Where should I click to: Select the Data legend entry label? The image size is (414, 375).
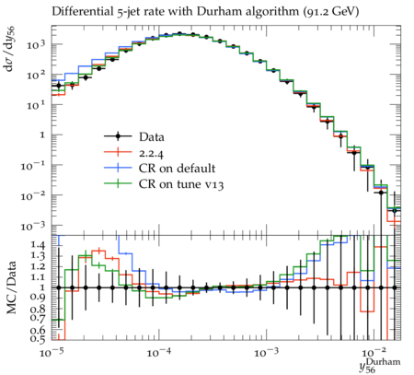pyautogui.click(x=152, y=136)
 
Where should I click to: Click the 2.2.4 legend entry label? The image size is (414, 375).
pyautogui.click(x=151, y=153)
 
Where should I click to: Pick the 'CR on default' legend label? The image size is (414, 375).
pyautogui.click(x=177, y=169)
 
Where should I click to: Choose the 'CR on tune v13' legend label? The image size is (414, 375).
pyautogui.click(x=181, y=184)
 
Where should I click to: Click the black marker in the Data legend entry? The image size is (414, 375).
pyautogui.click(x=118, y=136)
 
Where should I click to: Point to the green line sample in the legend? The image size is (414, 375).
pyautogui.click(x=118, y=184)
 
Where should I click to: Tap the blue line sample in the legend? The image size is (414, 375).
pyautogui.click(x=118, y=168)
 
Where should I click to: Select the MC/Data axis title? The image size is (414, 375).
pyautogui.click(x=11, y=287)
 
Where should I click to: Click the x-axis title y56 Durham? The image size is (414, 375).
pyautogui.click(x=380, y=366)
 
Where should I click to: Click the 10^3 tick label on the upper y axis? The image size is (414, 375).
pyautogui.click(x=36, y=45)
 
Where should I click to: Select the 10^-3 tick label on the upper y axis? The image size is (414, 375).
pyautogui.click(x=33, y=227)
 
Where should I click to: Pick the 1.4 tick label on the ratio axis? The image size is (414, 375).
pyautogui.click(x=39, y=245)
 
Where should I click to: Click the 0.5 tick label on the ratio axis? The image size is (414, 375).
pyautogui.click(x=39, y=339)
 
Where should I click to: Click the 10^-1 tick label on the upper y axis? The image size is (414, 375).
pyautogui.click(x=33, y=166)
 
